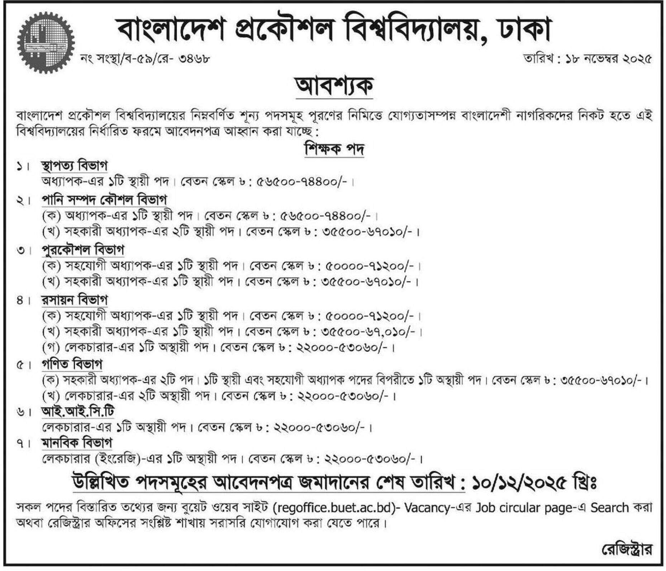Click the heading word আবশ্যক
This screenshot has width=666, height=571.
tap(334, 87)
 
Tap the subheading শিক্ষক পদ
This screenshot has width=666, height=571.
tap(334, 149)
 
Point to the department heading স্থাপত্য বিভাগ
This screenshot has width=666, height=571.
tap(74, 166)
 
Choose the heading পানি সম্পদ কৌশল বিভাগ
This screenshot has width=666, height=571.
tap(104, 200)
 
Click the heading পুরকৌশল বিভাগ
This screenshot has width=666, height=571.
tap(83, 250)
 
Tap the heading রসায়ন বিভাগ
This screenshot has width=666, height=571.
tap(74, 300)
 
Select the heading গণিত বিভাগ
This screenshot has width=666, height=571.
tap(72, 364)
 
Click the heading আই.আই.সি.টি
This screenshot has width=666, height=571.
tap(78, 412)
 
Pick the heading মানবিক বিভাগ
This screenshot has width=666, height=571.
tap(77, 443)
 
